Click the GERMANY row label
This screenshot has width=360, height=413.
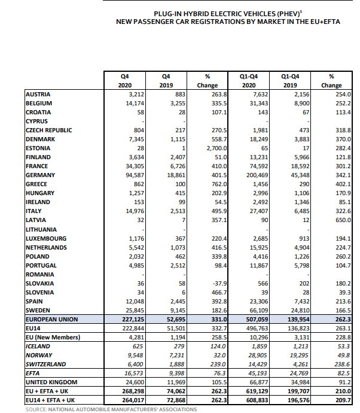pos(41,175)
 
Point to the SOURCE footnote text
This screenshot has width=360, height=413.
pos(111,409)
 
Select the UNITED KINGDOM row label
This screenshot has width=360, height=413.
pos(51,382)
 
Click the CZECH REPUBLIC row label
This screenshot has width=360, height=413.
pos(48,130)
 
